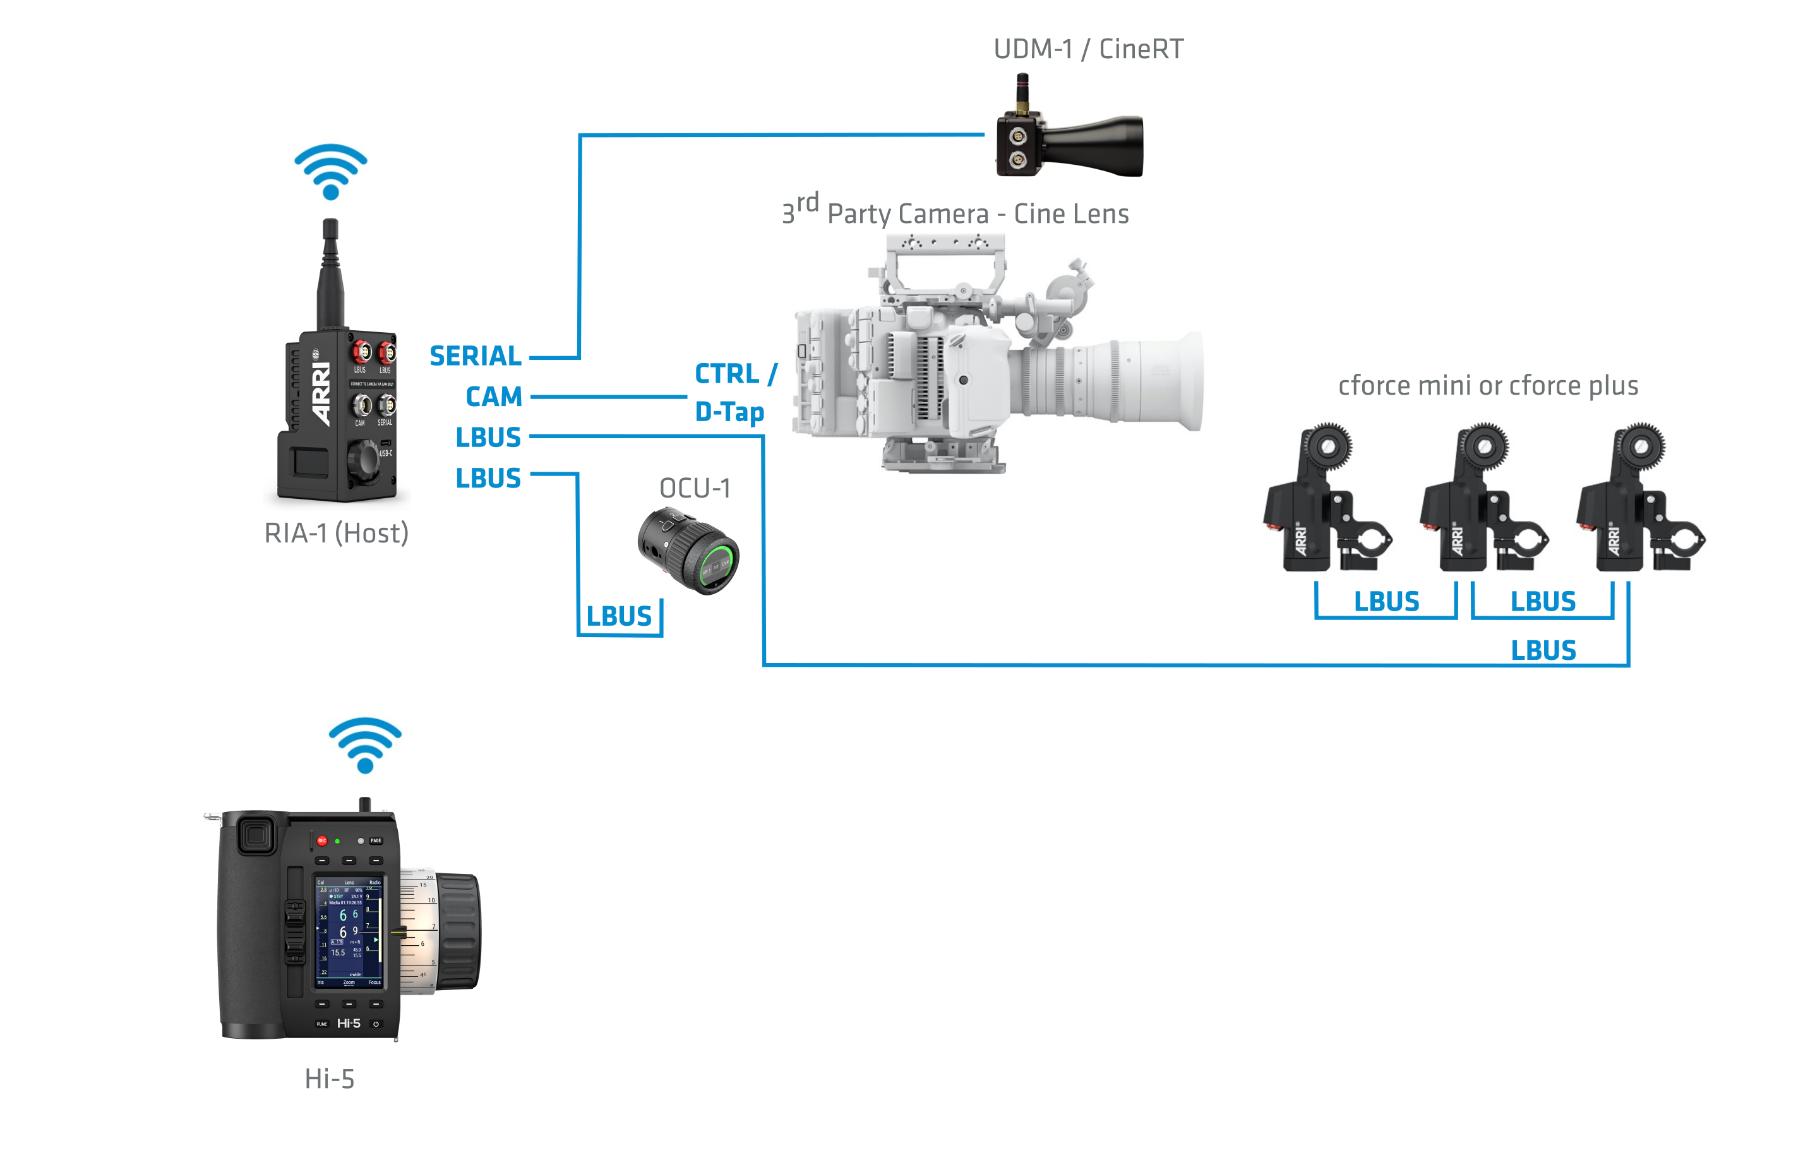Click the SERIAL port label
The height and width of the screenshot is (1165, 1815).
(475, 355)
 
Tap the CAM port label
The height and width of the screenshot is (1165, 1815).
(493, 397)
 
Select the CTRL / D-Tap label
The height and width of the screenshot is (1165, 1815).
(734, 393)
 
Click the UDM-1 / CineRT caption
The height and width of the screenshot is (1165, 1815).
(1088, 49)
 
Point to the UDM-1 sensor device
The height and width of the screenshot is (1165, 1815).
(1069, 140)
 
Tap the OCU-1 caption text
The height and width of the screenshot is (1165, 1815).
(695, 489)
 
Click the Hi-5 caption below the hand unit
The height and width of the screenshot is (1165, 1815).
(329, 1078)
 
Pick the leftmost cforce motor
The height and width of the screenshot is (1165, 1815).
(1326, 499)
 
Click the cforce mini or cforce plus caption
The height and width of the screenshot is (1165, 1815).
(1487, 386)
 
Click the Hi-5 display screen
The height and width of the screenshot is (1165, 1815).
(349, 932)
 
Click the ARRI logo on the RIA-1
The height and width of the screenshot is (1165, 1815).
(321, 393)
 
